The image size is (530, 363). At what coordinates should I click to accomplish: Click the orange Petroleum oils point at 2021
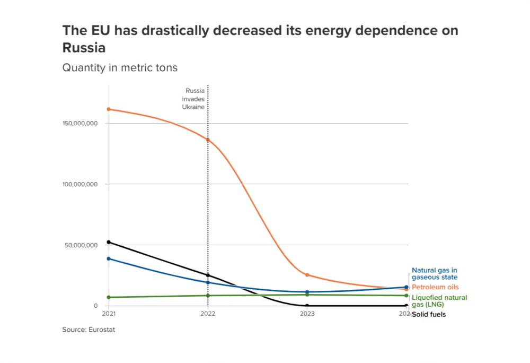109,109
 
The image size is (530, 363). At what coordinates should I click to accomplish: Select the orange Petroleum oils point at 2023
307,275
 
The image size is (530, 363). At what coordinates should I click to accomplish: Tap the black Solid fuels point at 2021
109,242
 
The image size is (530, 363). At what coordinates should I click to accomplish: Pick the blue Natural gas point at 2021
109,258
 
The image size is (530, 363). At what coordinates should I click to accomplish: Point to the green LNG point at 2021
109,297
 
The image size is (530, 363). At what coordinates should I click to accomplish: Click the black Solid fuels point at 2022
208,275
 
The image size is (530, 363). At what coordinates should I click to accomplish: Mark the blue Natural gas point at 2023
307,292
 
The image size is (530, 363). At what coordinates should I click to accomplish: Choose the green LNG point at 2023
307,295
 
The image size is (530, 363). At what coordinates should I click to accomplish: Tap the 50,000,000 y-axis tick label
80,245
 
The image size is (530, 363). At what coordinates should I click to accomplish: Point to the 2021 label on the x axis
109,314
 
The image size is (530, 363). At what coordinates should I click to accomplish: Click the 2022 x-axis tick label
208,314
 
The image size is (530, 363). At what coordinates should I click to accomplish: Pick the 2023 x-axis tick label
307,314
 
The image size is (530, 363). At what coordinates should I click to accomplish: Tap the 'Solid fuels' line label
429,314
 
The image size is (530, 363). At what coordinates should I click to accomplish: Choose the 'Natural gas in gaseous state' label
435,273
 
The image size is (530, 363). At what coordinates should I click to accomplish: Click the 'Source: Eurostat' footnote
89,330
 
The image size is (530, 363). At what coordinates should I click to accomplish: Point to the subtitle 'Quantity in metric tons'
120,68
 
